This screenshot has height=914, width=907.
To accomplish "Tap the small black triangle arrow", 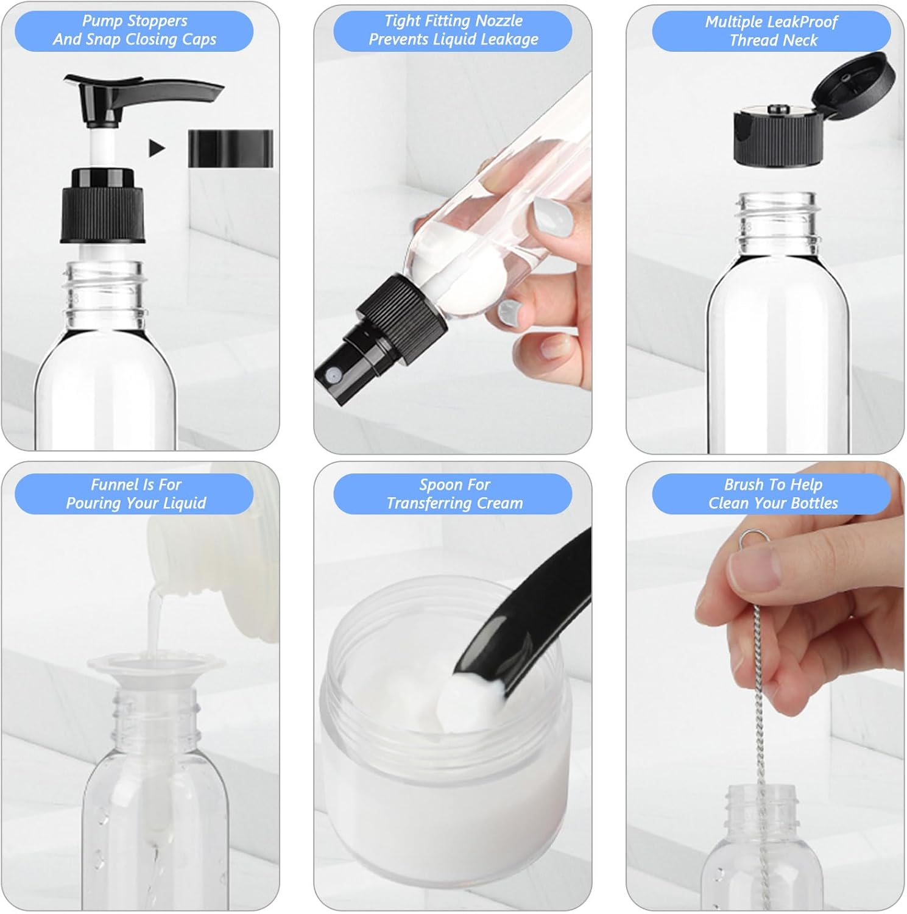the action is (157, 147).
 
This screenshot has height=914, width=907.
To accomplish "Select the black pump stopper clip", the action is (230, 148).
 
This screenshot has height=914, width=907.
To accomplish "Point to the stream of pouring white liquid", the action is (155, 615).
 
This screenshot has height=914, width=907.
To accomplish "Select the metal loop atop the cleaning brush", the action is (750, 538).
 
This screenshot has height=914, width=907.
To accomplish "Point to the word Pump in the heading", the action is (101, 21).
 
